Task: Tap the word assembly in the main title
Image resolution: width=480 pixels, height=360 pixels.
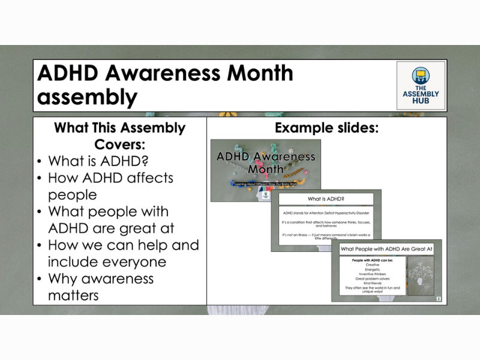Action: pos(86,97)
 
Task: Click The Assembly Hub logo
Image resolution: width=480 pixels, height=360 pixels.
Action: pos(421,85)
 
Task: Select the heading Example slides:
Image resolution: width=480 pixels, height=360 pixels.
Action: pos(326,128)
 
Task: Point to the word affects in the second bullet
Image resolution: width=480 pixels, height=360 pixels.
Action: pos(144,178)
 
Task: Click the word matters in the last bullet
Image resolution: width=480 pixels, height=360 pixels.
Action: pos(73,296)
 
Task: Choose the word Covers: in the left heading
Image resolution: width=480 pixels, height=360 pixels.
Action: pos(119,145)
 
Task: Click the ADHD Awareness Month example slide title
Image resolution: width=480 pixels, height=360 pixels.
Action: pos(266,163)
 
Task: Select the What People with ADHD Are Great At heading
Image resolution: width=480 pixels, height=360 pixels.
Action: pos(386,248)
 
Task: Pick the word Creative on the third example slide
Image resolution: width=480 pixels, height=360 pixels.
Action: pos(372,265)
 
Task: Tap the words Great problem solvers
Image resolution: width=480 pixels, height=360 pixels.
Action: pos(372,278)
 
